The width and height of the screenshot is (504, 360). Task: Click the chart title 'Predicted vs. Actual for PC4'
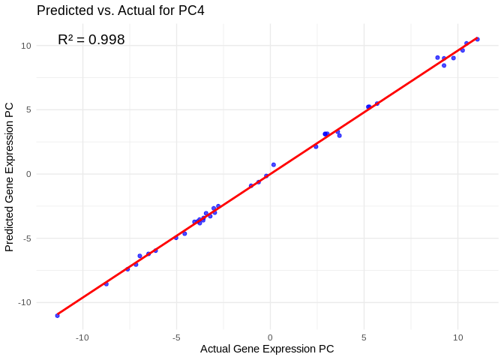[120, 10]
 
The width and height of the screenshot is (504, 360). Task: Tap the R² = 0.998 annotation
[91, 40]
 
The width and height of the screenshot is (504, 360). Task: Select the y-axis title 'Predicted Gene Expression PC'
[10, 177]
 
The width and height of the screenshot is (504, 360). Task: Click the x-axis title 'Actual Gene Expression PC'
[267, 349]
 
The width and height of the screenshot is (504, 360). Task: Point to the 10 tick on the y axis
[26, 46]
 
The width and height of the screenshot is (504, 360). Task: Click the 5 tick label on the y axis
[28, 109]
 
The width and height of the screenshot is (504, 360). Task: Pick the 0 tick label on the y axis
[28, 174]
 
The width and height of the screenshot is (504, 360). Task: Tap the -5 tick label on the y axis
[26, 238]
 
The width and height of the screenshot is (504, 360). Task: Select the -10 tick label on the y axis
[24, 302]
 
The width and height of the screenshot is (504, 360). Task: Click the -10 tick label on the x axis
[82, 337]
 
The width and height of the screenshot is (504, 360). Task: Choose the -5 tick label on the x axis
[176, 337]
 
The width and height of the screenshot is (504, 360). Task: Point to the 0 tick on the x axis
[270, 337]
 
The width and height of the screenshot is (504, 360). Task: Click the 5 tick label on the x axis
[364, 337]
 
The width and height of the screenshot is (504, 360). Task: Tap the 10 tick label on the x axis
[457, 337]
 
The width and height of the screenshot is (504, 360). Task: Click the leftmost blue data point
[57, 316]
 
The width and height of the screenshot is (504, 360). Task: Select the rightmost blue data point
[477, 39]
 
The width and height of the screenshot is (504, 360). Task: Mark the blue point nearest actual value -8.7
[106, 284]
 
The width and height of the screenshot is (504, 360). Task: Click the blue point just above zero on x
[273, 165]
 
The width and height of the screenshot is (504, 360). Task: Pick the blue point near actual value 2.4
[316, 146]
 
